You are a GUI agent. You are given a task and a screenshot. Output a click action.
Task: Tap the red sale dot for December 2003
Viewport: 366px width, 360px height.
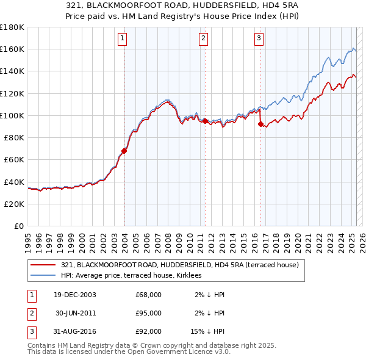tap(124, 151)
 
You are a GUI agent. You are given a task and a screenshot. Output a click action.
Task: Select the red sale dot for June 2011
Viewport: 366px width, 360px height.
tap(205, 121)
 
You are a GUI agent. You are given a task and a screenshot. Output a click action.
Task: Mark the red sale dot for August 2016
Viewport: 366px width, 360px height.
tap(261, 124)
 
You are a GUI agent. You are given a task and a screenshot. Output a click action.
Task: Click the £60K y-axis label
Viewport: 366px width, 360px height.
tap(14, 159)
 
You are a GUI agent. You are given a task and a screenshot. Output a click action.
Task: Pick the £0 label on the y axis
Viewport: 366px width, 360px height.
tap(18, 226)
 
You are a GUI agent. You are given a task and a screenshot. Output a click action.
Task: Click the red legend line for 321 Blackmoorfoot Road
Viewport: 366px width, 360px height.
tap(43, 265)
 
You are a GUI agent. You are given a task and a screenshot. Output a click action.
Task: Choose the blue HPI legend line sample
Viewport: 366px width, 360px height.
tap(43, 275)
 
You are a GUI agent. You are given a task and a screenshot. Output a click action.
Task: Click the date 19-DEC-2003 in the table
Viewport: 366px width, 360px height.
tap(75, 295)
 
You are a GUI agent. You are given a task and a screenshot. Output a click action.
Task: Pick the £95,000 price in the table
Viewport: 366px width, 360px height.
tap(148, 313)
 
